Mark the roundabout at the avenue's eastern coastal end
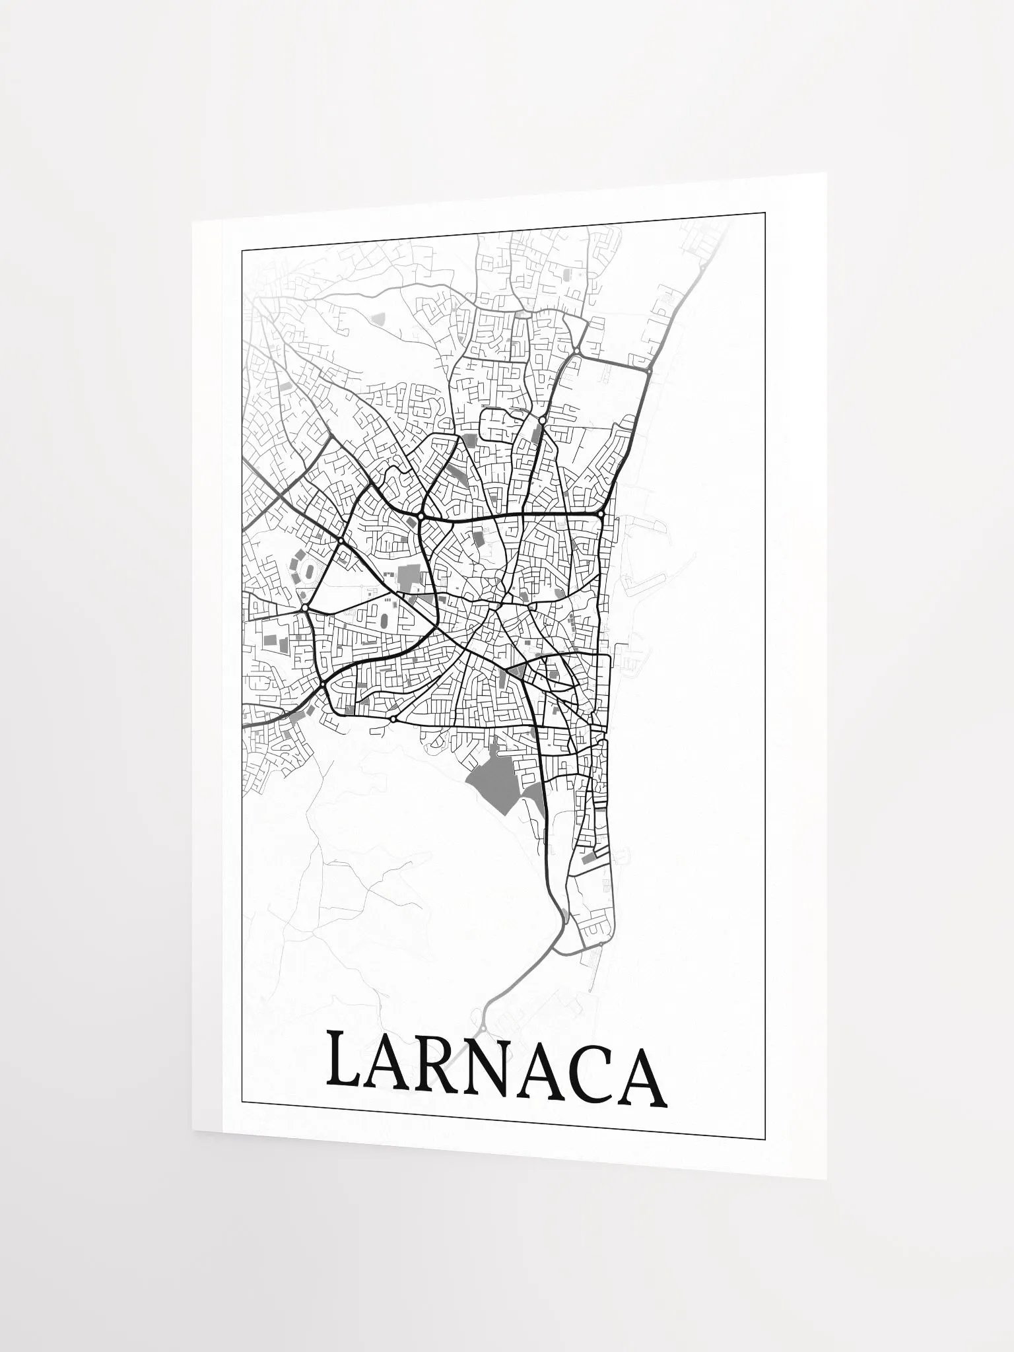pyautogui.click(x=601, y=514)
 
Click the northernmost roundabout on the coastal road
pyautogui.click(x=650, y=372)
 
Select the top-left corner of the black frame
pyautogui.click(x=242, y=250)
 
